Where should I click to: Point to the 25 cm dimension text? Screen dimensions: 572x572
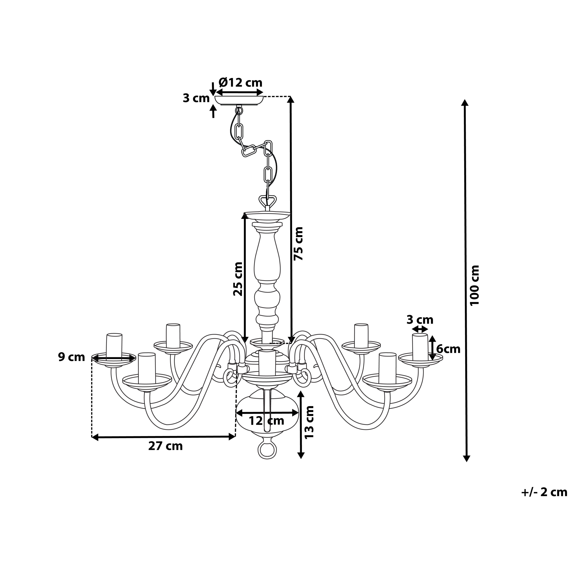click(x=238, y=279)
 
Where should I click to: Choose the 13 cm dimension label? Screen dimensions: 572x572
click(x=309, y=422)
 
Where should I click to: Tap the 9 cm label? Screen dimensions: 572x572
click(x=71, y=357)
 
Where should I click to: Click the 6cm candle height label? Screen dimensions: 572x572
click(x=448, y=349)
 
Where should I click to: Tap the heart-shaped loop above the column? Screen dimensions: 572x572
click(x=268, y=200)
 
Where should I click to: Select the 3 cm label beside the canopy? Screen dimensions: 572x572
click(x=196, y=98)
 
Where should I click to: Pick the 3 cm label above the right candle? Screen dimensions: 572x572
click(x=420, y=320)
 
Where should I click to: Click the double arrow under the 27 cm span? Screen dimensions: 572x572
click(x=163, y=437)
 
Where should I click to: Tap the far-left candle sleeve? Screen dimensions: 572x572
click(x=114, y=346)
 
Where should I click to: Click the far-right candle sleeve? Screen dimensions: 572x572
click(x=420, y=347)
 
